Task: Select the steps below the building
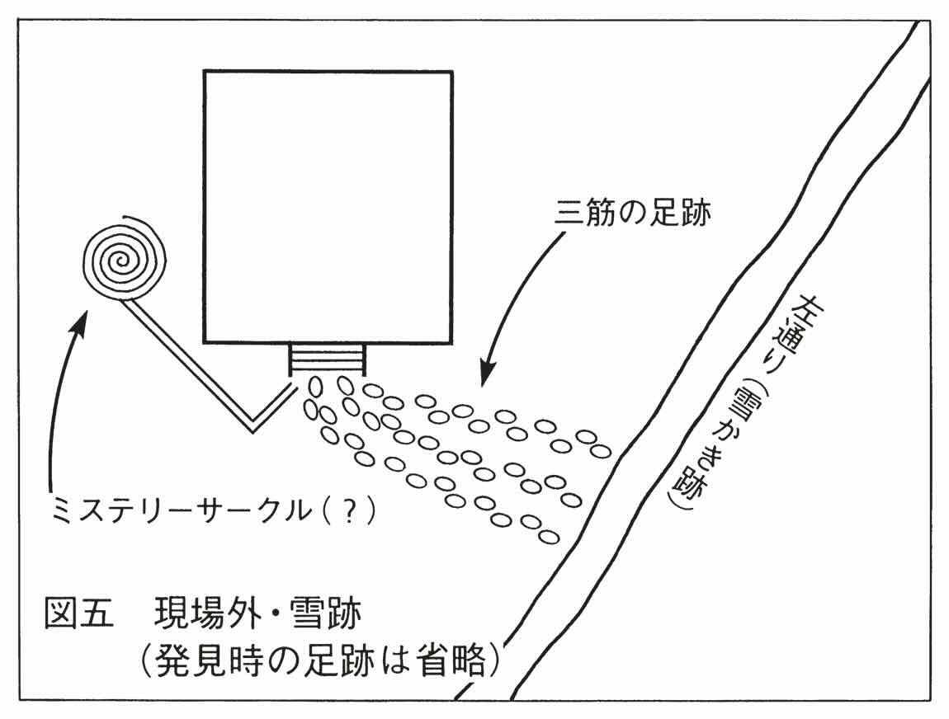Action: [x=328, y=360]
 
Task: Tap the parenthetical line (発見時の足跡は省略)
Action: [x=321, y=660]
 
